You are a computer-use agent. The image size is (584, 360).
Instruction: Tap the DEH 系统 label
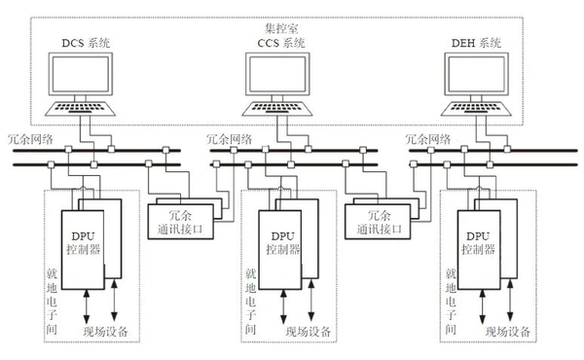point(481,43)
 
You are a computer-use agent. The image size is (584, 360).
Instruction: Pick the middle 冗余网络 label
point(231,140)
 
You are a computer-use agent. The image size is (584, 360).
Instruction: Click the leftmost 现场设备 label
point(110,332)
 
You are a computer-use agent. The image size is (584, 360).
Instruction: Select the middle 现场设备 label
point(309,332)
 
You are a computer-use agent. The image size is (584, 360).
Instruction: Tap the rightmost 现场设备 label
point(507,332)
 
